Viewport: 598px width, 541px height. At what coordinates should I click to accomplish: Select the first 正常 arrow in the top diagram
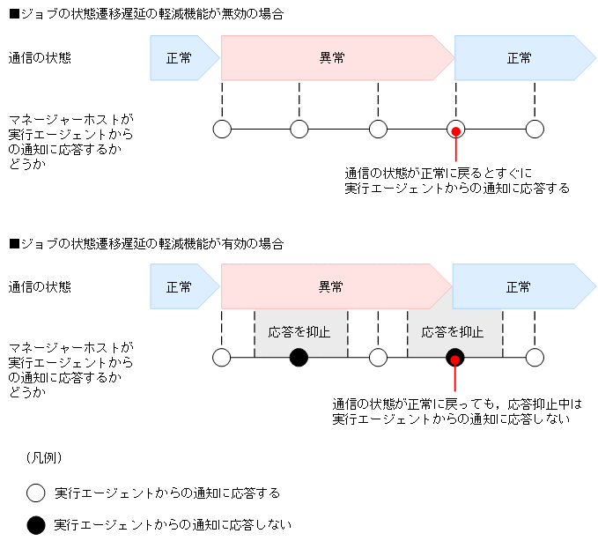pos(180,58)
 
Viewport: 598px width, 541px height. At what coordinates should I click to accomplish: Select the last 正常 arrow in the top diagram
pos(520,58)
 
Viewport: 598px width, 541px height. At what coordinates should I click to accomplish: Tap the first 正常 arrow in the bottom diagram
pos(180,287)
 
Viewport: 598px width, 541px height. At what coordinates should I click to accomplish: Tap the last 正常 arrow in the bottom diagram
pos(520,287)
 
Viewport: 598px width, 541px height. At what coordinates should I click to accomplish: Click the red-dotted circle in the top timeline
pos(455,130)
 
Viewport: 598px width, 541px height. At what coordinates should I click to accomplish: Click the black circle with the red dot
pos(454,358)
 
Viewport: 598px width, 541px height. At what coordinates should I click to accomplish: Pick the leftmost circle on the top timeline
pos(222,130)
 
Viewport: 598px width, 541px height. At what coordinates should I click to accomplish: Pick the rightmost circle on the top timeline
pos(535,130)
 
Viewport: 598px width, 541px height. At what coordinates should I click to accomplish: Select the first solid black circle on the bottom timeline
pos(299,358)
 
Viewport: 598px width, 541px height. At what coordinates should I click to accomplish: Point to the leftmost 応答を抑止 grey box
pos(299,332)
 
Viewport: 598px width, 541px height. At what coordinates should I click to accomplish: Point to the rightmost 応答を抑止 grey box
pos(454,332)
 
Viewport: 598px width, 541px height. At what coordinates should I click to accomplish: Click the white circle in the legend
pos(35,492)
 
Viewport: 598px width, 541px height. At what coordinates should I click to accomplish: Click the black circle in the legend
pos(35,524)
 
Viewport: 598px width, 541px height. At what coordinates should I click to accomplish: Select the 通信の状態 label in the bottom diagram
pos(41,287)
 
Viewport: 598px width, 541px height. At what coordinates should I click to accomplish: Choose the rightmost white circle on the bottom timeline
pos(535,358)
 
